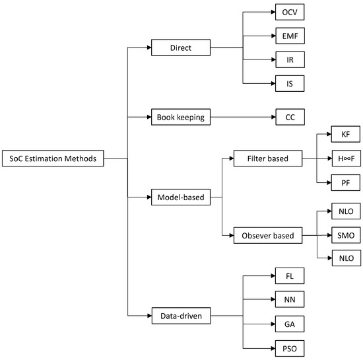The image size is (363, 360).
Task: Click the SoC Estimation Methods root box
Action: pos(53,159)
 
